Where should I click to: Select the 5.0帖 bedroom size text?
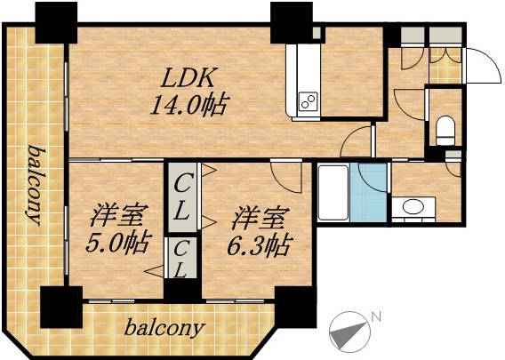coord(118,241)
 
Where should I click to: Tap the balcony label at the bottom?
coord(164,328)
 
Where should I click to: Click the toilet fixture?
coord(445,129)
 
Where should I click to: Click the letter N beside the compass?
coord(376,316)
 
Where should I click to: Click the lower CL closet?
coord(180,257)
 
